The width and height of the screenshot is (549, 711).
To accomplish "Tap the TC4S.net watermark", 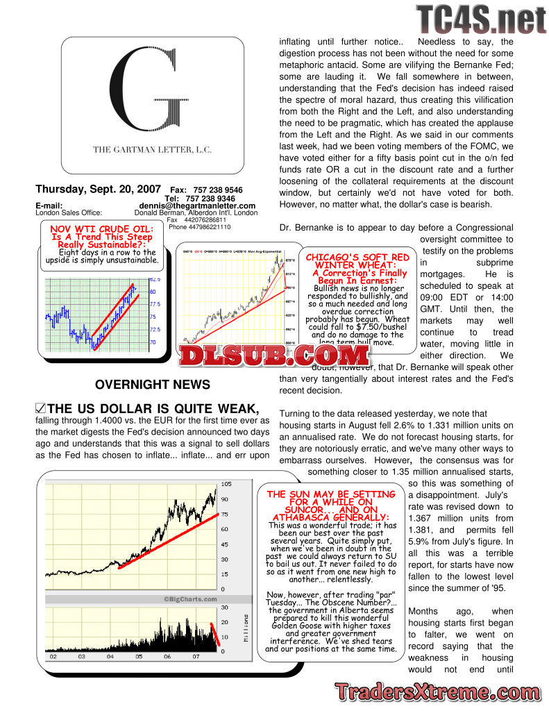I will click(x=481, y=19).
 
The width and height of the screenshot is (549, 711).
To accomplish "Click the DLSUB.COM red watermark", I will click(x=273, y=355).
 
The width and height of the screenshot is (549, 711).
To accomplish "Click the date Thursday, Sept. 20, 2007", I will click(x=98, y=189).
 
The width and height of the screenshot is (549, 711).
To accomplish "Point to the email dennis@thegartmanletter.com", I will click(x=197, y=206).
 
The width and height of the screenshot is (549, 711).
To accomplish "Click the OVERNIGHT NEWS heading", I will click(x=152, y=385).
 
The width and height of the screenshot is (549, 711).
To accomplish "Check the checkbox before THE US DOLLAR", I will click(x=40, y=408).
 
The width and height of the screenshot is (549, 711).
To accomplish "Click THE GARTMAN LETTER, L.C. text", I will click(x=153, y=149).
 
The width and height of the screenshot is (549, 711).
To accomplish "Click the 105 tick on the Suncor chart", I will click(x=226, y=483).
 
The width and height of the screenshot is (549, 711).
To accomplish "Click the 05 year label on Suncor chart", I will click(x=138, y=655).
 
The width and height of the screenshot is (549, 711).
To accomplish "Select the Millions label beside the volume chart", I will click(x=244, y=628).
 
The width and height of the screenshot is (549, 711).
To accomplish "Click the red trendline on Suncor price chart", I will click(x=167, y=542).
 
